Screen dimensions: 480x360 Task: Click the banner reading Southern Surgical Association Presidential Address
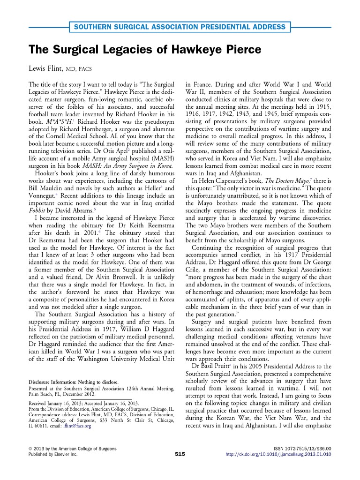coord(180,27)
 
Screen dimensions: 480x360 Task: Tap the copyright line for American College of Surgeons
coord(73,449)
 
